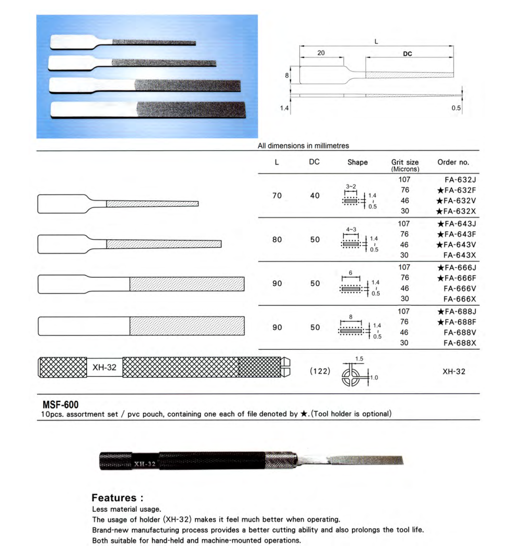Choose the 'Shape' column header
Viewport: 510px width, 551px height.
(357, 163)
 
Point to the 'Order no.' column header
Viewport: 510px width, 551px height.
(453, 163)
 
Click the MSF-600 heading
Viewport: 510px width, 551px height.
(61, 405)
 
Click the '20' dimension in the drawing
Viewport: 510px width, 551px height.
(321, 53)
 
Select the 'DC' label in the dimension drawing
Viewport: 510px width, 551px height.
(408, 53)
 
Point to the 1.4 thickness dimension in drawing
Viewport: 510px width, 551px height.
(284, 108)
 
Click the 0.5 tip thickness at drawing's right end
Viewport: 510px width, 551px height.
(456, 108)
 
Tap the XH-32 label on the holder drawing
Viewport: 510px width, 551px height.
(104, 368)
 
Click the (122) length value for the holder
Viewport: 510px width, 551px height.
(319, 371)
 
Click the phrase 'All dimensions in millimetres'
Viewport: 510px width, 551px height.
(303, 146)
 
